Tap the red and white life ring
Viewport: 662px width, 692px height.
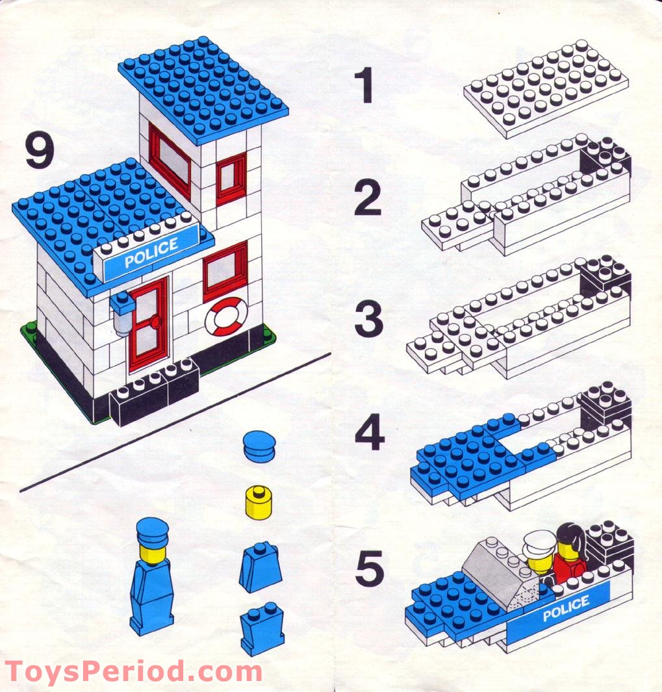click(x=225, y=316)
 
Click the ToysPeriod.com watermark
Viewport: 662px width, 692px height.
click(x=133, y=671)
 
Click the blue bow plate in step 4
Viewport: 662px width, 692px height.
click(x=468, y=457)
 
